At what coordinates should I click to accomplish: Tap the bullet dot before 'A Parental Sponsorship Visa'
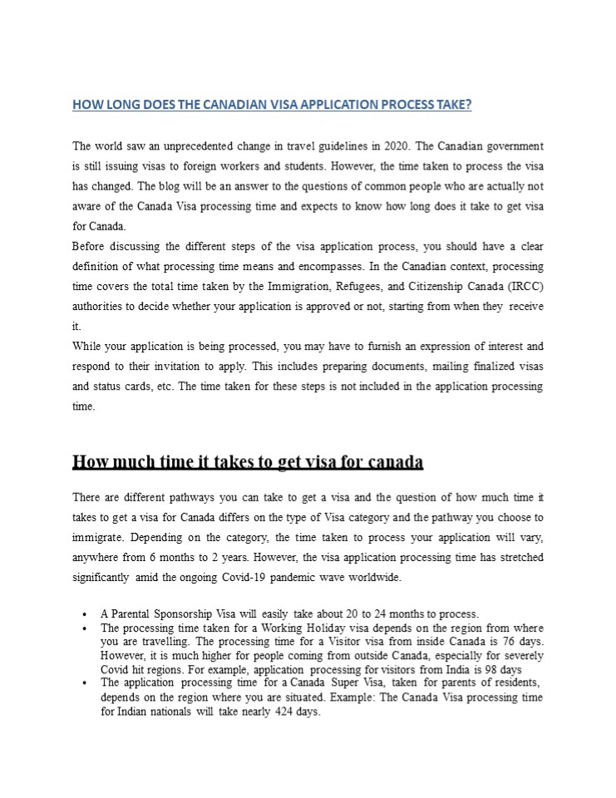click(x=86, y=615)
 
